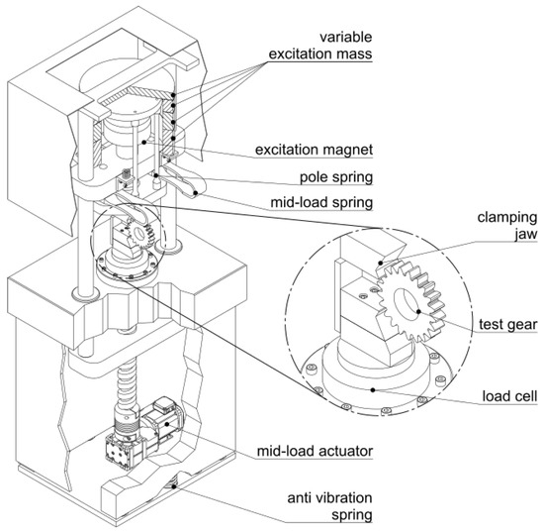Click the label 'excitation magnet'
pyautogui.click(x=314, y=150)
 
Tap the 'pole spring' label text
pyautogui.click(x=336, y=177)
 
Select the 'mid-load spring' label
pyautogui.click(x=321, y=202)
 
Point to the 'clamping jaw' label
pyautogui.click(x=507, y=226)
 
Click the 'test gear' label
pyautogui.click(x=508, y=325)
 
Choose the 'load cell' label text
pyautogui.click(x=509, y=396)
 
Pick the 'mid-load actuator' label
pyautogui.click(x=315, y=451)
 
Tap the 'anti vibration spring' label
pyautogui.click(x=329, y=506)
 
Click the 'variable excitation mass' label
pyautogui.click(x=320, y=46)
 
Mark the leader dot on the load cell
pyautogui.click(x=373, y=390)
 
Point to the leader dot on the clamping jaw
pyautogui.click(x=381, y=263)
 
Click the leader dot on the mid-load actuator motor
pyautogui.click(x=167, y=424)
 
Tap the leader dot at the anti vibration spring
pyautogui.click(x=173, y=486)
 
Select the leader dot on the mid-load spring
pyautogui.click(x=196, y=193)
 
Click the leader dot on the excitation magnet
pyautogui.click(x=144, y=142)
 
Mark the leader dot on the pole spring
pyautogui.click(x=156, y=175)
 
